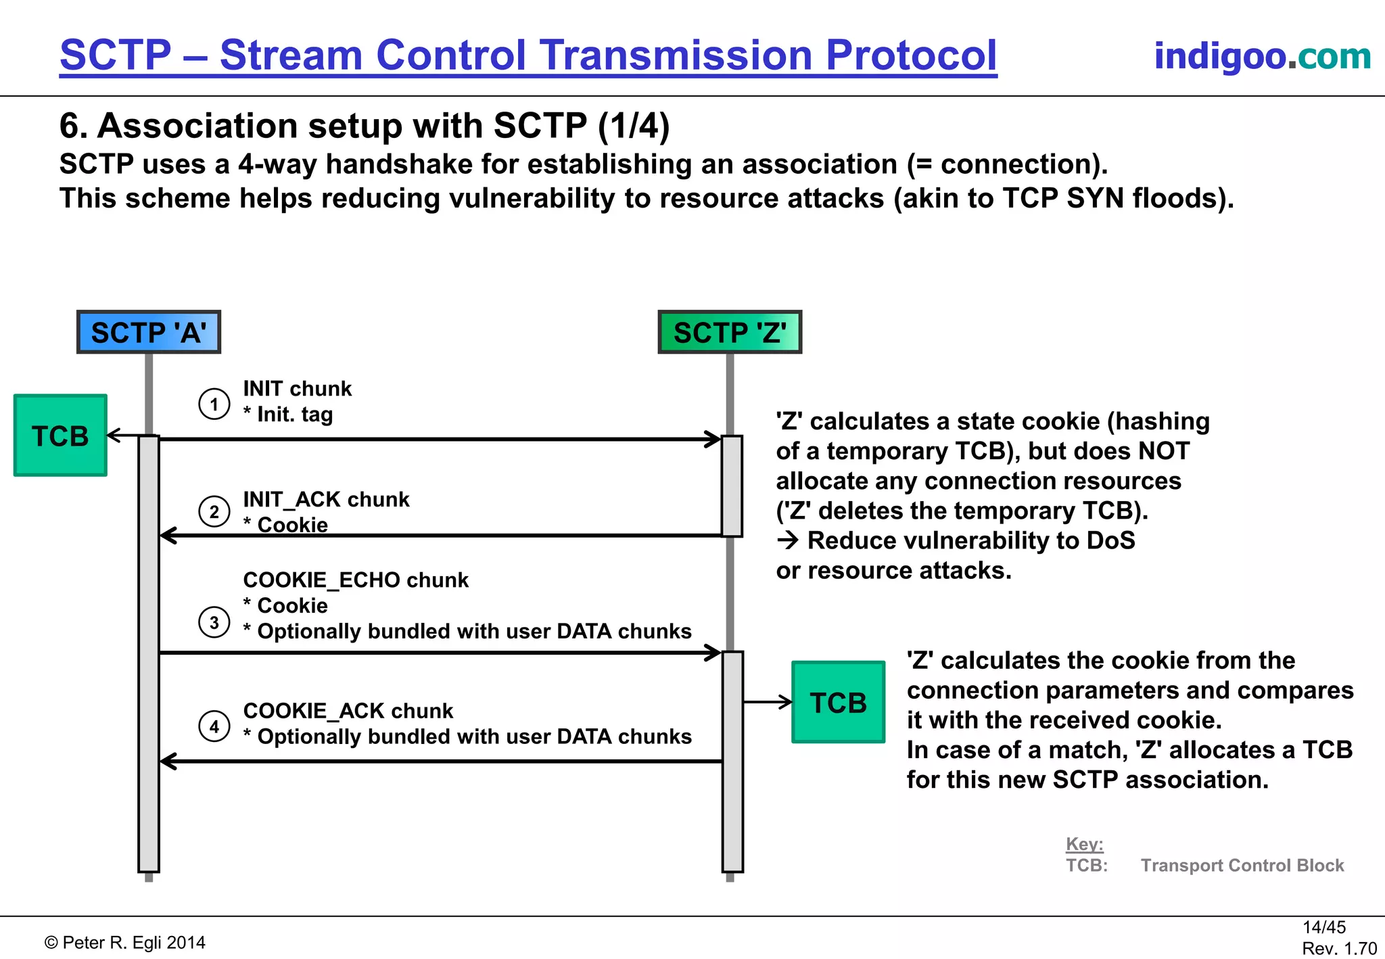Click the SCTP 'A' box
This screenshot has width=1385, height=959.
pos(149,332)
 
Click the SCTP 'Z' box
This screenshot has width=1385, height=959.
pos(730,332)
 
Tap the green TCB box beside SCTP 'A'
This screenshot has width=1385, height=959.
pos(60,436)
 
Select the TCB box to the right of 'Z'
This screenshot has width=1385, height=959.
pos(838,702)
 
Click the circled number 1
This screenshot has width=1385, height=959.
pos(214,404)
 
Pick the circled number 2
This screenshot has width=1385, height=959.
pos(214,511)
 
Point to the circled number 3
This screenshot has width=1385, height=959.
pos(214,622)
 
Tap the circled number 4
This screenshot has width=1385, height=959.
pos(214,726)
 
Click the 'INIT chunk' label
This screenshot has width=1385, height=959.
pos(297,389)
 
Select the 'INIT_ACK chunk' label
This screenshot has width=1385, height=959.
pos(326,499)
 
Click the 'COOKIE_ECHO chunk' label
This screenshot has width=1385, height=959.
pos(356,580)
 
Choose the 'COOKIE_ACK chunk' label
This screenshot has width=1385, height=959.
pos(348,711)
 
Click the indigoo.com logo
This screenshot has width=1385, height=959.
pos(1262,55)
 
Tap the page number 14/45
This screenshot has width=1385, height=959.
pos(1323,927)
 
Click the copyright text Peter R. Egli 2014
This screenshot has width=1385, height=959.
pos(125,943)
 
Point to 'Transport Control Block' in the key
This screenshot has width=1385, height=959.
pos(1242,866)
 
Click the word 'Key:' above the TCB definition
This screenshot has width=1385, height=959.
pos(1084,844)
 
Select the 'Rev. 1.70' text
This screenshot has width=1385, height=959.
pos(1339,949)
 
